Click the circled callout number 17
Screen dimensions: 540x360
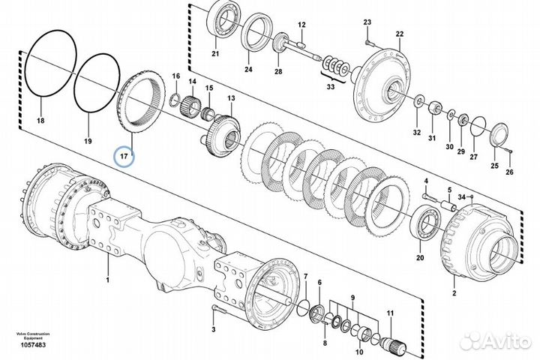click(124, 157)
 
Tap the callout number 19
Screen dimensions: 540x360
click(88, 141)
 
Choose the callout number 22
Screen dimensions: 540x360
click(400, 34)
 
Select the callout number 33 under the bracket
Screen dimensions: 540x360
click(331, 87)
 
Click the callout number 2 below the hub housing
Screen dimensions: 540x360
click(454, 293)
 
